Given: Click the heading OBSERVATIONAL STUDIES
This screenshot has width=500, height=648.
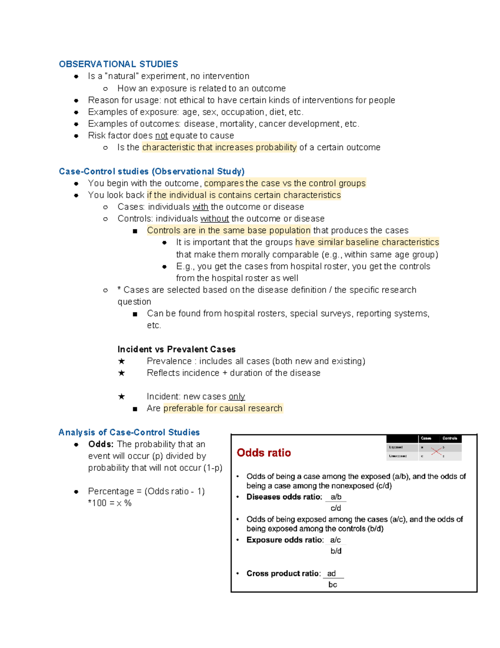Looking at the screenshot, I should (x=118, y=64).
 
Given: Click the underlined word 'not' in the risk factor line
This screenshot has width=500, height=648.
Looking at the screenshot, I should (x=161, y=136).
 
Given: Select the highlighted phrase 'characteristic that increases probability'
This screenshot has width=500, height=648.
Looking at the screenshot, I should (x=219, y=147).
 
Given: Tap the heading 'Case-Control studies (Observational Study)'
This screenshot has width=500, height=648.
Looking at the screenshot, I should (x=152, y=171).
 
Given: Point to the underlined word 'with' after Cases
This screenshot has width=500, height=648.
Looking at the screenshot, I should (x=200, y=207).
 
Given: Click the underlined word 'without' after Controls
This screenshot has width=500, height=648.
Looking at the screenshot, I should (x=215, y=219).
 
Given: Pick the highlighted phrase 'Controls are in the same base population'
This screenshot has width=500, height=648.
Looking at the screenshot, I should (x=229, y=230).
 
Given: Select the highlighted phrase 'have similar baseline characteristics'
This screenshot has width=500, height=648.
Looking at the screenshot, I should (x=367, y=242).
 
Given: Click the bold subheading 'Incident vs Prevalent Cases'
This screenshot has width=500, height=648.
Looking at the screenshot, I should (x=176, y=349).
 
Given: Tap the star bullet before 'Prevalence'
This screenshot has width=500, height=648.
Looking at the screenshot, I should (x=121, y=361).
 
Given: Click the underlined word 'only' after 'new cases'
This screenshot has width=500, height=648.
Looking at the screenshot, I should (x=237, y=396).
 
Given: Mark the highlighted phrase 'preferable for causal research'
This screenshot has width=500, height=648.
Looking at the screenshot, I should (x=223, y=408).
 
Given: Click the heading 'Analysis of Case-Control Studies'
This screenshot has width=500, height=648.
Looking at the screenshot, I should (x=129, y=432).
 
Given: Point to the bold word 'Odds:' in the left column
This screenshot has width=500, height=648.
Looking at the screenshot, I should (x=101, y=444).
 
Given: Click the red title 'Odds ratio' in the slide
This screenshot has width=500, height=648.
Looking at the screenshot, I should (x=264, y=453).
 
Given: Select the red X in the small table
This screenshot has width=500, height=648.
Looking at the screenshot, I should (x=436, y=451).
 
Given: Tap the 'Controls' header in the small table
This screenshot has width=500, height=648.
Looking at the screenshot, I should (x=450, y=438).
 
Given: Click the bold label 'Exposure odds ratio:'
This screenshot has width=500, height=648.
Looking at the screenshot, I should (x=285, y=540).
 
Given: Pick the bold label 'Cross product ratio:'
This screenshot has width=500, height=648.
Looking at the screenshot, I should (x=284, y=573).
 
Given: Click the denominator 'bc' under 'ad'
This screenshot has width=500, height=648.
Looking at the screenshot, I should (x=332, y=585).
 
